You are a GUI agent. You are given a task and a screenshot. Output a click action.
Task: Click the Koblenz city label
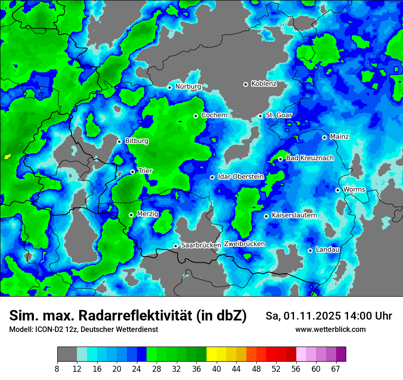coord(264,84)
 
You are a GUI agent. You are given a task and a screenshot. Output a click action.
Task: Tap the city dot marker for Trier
coord(133,172)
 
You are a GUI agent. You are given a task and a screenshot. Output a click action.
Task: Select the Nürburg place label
coord(188,87)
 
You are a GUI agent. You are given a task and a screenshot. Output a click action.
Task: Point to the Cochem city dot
coord(196,116)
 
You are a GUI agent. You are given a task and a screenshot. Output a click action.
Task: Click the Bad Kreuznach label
coord(310,158)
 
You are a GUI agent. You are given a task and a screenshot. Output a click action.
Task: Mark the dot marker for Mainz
coord(324,137)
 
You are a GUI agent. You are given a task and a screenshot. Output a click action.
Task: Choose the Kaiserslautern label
coord(294,215)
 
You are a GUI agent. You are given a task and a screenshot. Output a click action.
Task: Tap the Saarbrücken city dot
coord(175,246)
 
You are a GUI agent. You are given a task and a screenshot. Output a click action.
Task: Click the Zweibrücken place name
coord(244,244)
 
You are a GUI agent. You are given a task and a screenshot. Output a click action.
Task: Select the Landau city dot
coord(310,250)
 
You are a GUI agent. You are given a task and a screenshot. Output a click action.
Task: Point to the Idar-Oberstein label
coord(241,177)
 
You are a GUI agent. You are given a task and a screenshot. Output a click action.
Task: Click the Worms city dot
coord(338,190)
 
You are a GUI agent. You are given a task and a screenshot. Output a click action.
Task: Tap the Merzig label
coord(147,214)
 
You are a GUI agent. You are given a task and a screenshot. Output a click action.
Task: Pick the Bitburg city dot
coord(119,141)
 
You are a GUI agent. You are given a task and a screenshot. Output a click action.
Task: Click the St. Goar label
coord(278,115)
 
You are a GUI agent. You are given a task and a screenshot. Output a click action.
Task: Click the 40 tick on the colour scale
coord(217,369)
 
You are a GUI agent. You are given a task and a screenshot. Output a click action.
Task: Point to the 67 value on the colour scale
coord(336,369)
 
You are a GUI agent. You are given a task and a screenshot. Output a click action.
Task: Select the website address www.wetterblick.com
coord(330,330)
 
